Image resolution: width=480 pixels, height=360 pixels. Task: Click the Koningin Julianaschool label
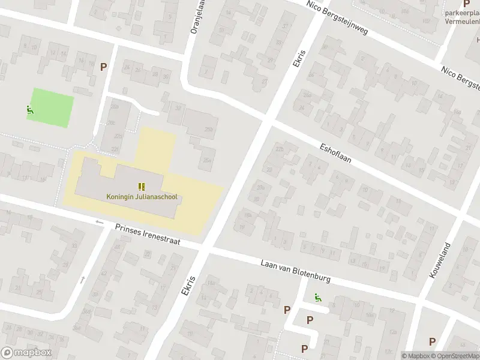pos(142,196)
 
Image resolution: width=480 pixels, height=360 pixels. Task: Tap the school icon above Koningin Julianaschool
pos(142,187)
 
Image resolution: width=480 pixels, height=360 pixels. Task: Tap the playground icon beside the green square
pos(29,110)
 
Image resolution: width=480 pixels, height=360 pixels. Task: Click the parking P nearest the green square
pos(104,67)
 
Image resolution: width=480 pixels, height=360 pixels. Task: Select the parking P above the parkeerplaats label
pos(466,4)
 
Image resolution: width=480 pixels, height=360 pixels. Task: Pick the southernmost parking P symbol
pos(304,348)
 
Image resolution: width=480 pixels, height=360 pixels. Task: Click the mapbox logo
pos(26,353)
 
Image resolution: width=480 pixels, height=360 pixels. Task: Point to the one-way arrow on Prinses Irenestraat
pos(100,223)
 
